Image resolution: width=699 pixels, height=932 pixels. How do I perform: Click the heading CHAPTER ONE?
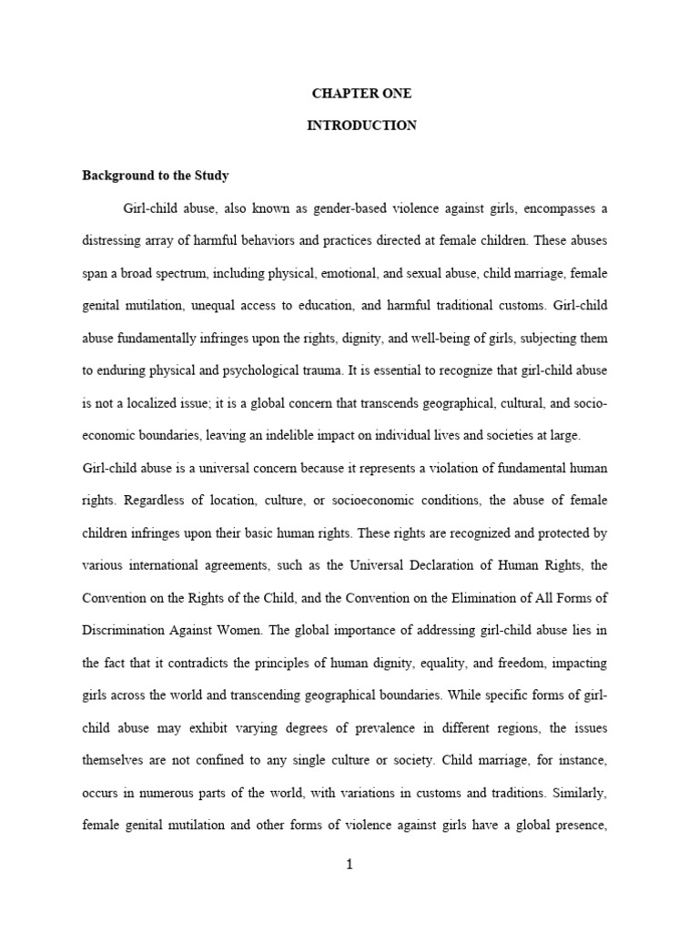pos(361,94)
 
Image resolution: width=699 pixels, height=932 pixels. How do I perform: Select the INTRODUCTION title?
pos(361,126)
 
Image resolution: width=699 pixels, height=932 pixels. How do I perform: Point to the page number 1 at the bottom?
pos(349,865)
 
